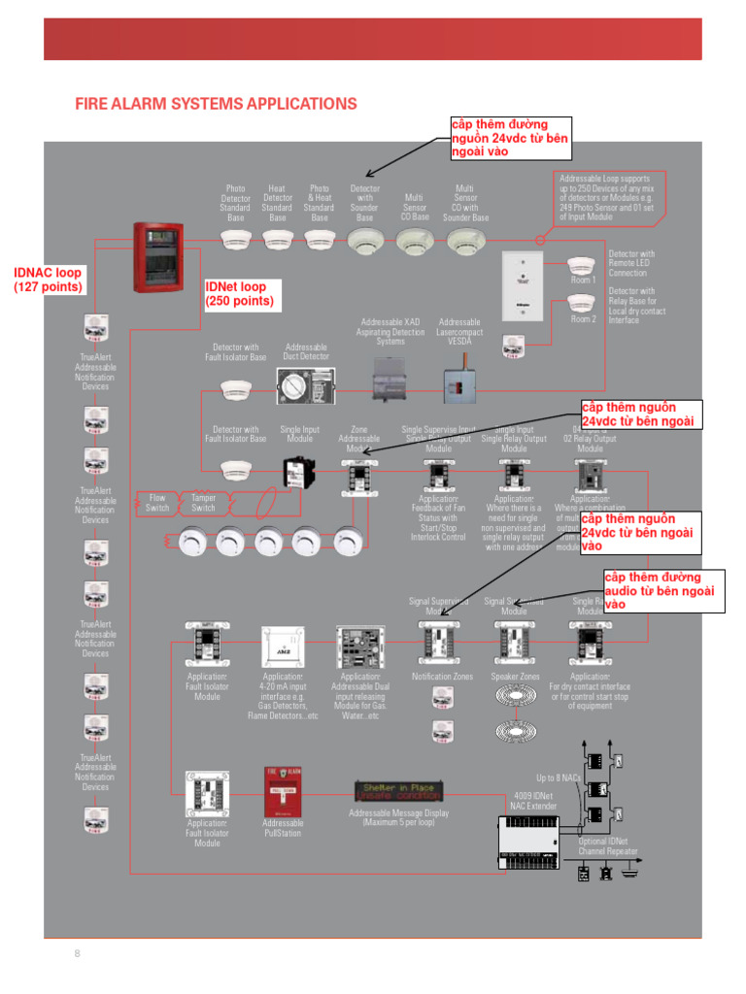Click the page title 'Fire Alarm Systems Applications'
click(x=216, y=104)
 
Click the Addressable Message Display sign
click(x=399, y=790)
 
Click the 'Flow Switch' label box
click(x=157, y=503)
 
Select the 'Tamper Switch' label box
click(x=203, y=503)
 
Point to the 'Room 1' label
click(x=583, y=280)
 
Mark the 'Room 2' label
click(x=583, y=318)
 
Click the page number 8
click(x=78, y=954)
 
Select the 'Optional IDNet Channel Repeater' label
click(x=608, y=846)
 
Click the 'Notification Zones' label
click(x=442, y=677)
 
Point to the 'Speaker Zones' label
click(x=515, y=677)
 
